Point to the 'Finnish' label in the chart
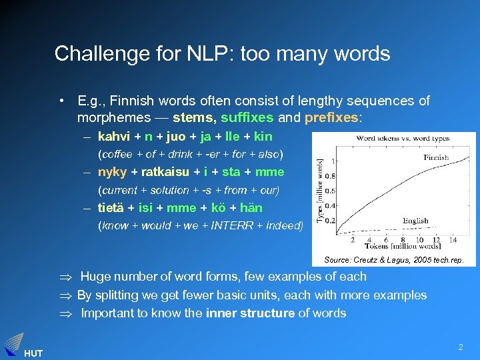[435, 158]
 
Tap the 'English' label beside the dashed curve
[415, 221]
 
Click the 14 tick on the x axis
[453, 239]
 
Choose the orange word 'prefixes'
[331, 119]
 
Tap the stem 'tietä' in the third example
[110, 207]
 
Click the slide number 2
[460, 347]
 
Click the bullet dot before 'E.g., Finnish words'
[61, 101]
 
